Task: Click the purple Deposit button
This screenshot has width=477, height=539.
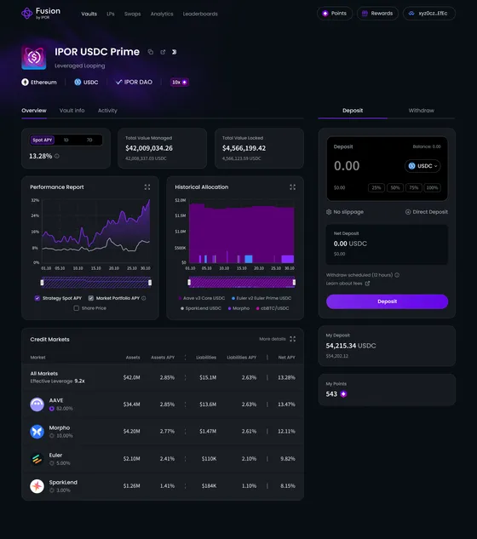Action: [387, 301]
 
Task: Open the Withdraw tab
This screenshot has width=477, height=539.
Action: [421, 111]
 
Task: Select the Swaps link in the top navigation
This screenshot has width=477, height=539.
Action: [133, 14]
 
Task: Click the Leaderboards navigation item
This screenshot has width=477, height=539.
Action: [200, 14]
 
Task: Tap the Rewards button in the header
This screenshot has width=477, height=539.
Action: [377, 14]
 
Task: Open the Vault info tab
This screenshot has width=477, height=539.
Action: [72, 111]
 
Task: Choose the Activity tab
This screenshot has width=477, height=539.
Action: [107, 111]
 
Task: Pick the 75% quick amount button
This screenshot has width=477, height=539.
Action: [414, 187]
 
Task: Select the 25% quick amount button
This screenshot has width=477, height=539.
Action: [376, 187]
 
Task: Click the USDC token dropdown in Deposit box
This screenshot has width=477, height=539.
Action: [423, 166]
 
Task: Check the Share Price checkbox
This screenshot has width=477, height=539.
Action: [77, 308]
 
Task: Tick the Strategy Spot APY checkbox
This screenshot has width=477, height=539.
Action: [37, 298]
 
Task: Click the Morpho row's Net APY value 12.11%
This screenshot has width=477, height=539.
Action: [286, 432]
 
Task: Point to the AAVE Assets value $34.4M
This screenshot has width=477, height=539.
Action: [132, 404]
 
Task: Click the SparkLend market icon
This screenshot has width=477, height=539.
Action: [37, 486]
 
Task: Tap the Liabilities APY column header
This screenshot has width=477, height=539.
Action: [242, 358]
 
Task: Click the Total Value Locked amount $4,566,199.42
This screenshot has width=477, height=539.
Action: [244, 148]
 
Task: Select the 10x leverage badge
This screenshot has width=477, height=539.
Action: [179, 83]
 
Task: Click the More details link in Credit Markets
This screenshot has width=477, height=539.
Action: [273, 339]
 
